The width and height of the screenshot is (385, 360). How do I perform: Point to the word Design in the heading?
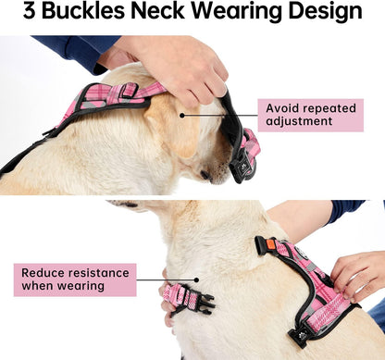(329, 13)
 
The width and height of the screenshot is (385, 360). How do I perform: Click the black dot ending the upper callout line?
(183, 116)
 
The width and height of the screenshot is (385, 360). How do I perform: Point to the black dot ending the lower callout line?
(196, 280)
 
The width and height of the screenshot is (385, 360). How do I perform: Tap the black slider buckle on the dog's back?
(130, 90)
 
